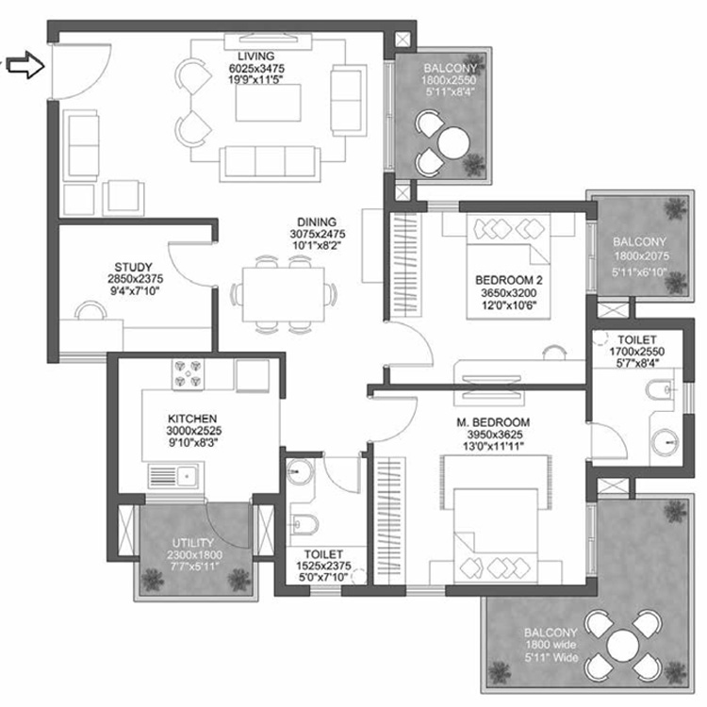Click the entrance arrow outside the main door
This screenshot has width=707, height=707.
(x=26, y=67)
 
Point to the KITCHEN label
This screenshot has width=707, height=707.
(x=193, y=418)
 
